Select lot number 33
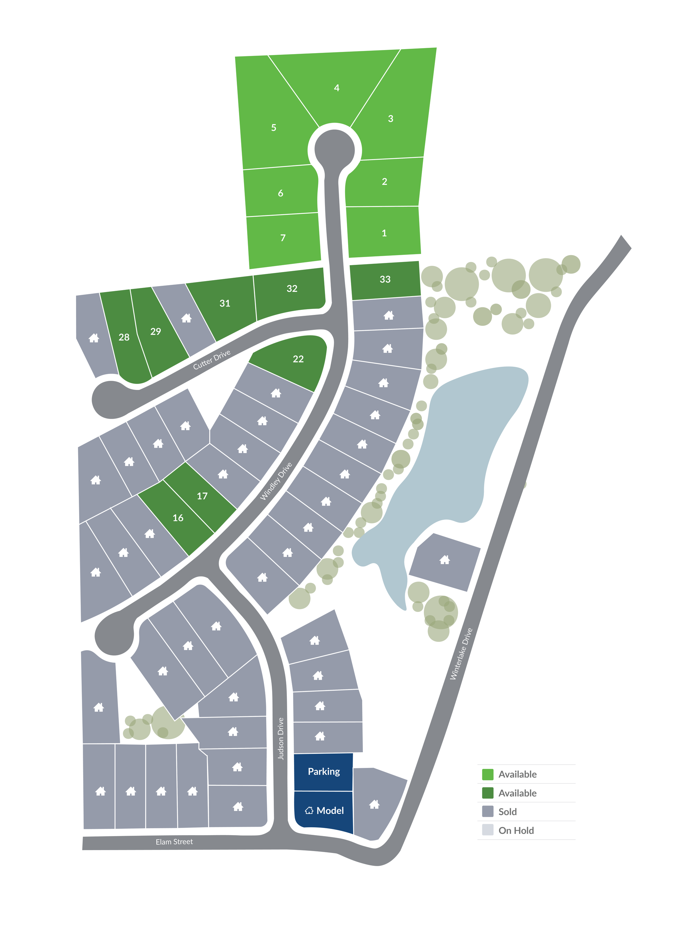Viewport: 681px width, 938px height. click(385, 279)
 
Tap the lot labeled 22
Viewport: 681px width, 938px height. click(298, 359)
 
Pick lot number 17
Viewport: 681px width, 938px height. click(202, 496)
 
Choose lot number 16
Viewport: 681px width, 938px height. click(178, 518)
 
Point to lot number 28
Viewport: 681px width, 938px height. click(124, 337)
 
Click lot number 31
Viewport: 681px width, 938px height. click(225, 303)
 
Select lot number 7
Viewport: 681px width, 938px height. click(283, 238)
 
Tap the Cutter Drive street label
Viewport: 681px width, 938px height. click(211, 359)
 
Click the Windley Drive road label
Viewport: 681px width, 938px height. click(276, 481)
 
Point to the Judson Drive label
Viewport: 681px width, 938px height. click(281, 739)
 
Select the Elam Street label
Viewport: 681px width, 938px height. click(174, 842)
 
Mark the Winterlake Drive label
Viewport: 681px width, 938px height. click(461, 654)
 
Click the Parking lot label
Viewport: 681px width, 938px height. click(324, 771)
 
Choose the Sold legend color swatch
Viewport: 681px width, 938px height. click(487, 811)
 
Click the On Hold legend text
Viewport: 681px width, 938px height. click(516, 830)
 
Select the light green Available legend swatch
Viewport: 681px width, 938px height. click(487, 774)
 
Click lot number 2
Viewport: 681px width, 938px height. click(384, 182)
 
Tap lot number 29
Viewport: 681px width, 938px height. click(155, 331)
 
